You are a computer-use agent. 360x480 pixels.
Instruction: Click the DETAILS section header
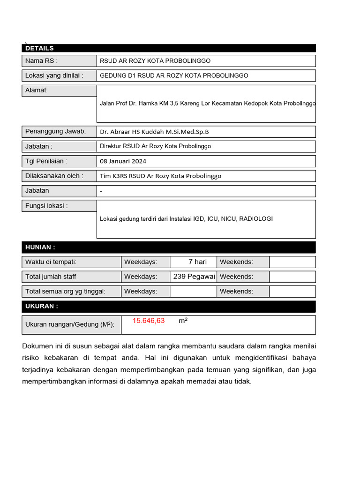tap(39, 48)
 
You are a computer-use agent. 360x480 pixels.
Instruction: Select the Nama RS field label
tap(41, 61)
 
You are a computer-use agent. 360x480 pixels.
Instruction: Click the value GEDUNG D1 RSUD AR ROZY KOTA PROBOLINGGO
tap(174, 75)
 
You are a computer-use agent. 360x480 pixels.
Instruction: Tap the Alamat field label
tap(37, 90)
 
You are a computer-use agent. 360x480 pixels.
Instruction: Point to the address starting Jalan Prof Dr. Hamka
tap(208, 104)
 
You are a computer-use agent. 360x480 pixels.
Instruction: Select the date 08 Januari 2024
tap(123, 161)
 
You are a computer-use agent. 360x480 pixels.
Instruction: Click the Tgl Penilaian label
tap(46, 161)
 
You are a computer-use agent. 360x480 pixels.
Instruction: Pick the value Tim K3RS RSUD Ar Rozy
tap(160, 176)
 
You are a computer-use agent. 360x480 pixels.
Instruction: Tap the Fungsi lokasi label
tap(46, 206)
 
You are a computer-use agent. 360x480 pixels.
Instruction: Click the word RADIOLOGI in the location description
tap(255, 219)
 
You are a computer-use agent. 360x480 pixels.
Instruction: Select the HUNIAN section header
tap(40, 247)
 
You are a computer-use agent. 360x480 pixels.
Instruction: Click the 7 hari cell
tap(197, 262)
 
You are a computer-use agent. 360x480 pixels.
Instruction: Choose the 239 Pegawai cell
tap(194, 277)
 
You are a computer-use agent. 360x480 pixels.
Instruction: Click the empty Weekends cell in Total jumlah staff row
tap(292, 277)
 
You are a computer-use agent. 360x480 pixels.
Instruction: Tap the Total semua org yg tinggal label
tap(65, 292)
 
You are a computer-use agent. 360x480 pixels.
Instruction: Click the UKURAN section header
tap(42, 307)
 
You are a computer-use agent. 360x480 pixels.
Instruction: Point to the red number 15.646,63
tap(149, 321)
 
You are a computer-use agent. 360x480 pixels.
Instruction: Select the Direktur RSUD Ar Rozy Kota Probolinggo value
tap(155, 146)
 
